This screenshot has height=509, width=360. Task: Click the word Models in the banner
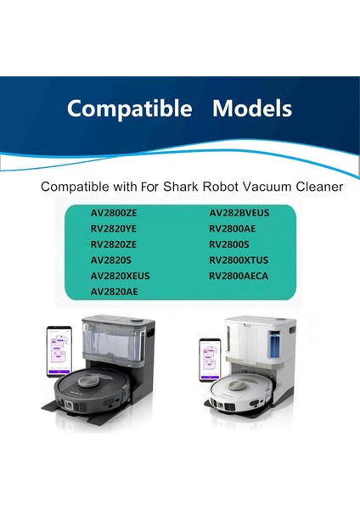(252, 109)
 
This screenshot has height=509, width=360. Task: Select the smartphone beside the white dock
(210, 360)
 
